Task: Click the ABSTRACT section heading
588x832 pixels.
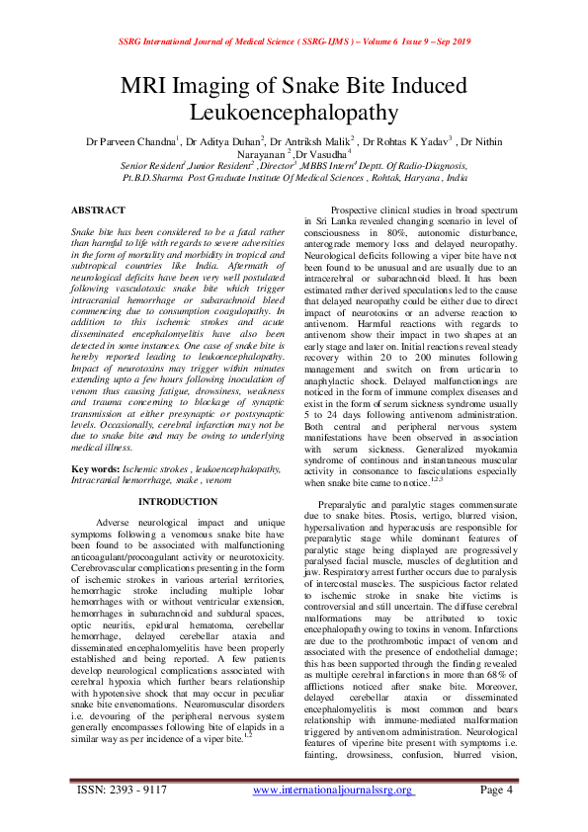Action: (98, 210)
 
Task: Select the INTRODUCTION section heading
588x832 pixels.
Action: (178, 502)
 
